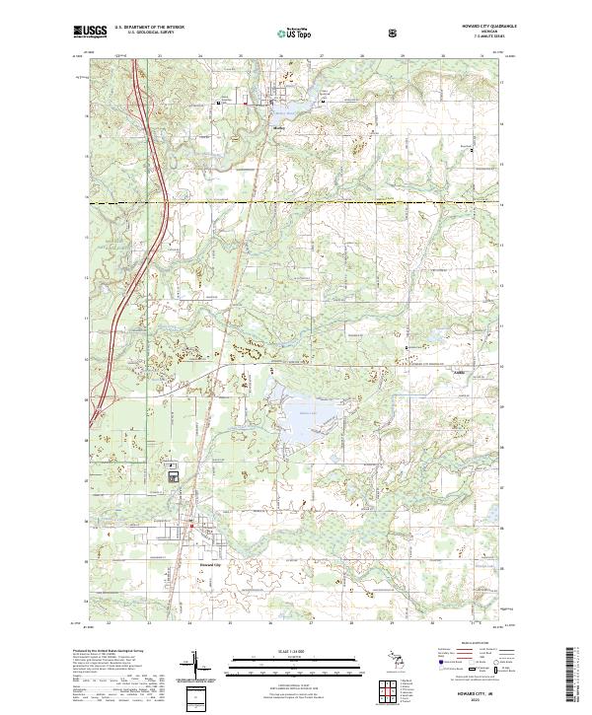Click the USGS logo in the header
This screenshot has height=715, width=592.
click(90, 32)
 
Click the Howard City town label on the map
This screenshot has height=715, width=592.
click(211, 565)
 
